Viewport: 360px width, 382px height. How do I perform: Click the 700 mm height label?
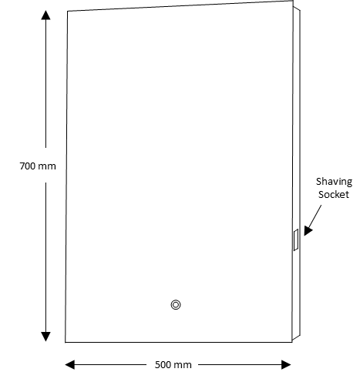(38, 166)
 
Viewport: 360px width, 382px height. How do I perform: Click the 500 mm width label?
(173, 365)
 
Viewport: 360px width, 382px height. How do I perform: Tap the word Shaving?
(334, 182)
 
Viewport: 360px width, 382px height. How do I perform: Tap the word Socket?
(334, 194)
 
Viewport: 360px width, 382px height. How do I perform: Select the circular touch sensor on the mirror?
(176, 305)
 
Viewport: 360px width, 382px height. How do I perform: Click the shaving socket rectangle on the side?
(296, 240)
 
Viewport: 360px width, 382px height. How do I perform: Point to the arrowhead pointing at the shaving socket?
(308, 230)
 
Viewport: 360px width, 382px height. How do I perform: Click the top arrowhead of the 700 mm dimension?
(45, 15)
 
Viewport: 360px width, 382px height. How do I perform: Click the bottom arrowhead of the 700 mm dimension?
(45, 337)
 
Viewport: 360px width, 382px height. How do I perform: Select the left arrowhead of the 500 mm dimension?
(70, 364)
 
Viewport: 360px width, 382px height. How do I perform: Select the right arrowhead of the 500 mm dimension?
(286, 364)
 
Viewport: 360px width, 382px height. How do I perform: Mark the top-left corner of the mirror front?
(68, 12)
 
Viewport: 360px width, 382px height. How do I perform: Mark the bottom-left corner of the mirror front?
(66, 342)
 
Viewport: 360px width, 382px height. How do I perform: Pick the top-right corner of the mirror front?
(293, 1)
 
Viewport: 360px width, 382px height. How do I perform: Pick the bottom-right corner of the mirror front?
(292, 342)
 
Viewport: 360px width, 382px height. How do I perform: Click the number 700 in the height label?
(28, 166)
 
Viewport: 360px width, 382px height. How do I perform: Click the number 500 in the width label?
(163, 365)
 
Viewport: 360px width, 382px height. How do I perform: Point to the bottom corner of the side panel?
(300, 335)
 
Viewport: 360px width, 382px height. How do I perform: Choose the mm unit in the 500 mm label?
(183, 366)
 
